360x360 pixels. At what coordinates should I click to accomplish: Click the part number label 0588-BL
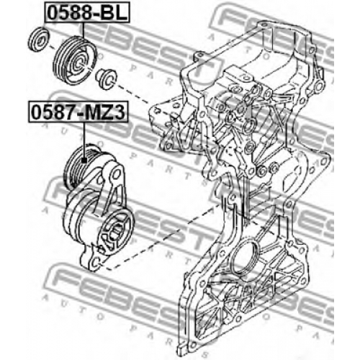pos(86,12)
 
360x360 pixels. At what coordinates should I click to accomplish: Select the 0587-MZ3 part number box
pos(78,112)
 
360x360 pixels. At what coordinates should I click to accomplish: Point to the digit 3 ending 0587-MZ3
pos(120,112)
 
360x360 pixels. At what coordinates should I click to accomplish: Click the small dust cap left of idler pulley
pos(39,39)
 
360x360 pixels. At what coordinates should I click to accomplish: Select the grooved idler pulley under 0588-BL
pos(75,60)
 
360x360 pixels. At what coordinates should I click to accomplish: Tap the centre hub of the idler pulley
pos(79,64)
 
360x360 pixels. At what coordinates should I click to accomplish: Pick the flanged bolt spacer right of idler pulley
pos(106,78)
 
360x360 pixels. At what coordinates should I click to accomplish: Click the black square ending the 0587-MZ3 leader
pos(84,161)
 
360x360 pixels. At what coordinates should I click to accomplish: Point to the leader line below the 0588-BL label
pos(84,30)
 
